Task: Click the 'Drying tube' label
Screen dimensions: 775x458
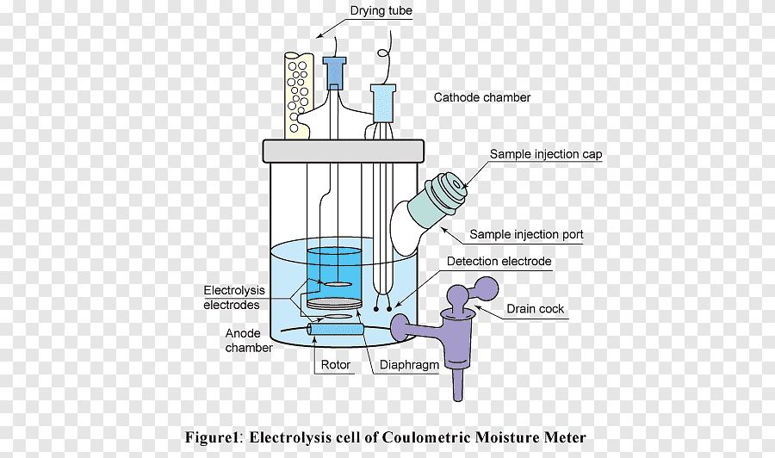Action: (x=381, y=11)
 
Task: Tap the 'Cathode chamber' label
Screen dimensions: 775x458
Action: (x=482, y=97)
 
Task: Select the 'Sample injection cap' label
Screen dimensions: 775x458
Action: (x=546, y=154)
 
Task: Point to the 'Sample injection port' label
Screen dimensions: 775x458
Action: (x=526, y=234)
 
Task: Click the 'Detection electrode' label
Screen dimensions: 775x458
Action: (x=499, y=262)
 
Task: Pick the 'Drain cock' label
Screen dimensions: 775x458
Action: (x=536, y=309)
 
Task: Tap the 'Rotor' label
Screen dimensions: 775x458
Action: (x=336, y=365)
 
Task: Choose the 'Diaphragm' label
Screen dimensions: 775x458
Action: (x=409, y=365)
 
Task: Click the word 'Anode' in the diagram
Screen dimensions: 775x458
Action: (x=243, y=333)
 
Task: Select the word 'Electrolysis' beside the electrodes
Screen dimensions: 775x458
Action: (x=234, y=290)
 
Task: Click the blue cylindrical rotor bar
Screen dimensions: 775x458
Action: (x=335, y=329)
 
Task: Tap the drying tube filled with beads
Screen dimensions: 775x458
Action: (x=299, y=96)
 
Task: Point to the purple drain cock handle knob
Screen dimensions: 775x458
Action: (x=487, y=288)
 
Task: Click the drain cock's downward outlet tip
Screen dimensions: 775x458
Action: (x=458, y=396)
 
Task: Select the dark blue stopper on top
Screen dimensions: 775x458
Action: (x=335, y=72)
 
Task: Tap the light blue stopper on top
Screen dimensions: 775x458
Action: (x=383, y=102)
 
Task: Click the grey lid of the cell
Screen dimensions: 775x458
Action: (x=343, y=152)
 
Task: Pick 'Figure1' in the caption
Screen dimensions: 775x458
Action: (x=212, y=437)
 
